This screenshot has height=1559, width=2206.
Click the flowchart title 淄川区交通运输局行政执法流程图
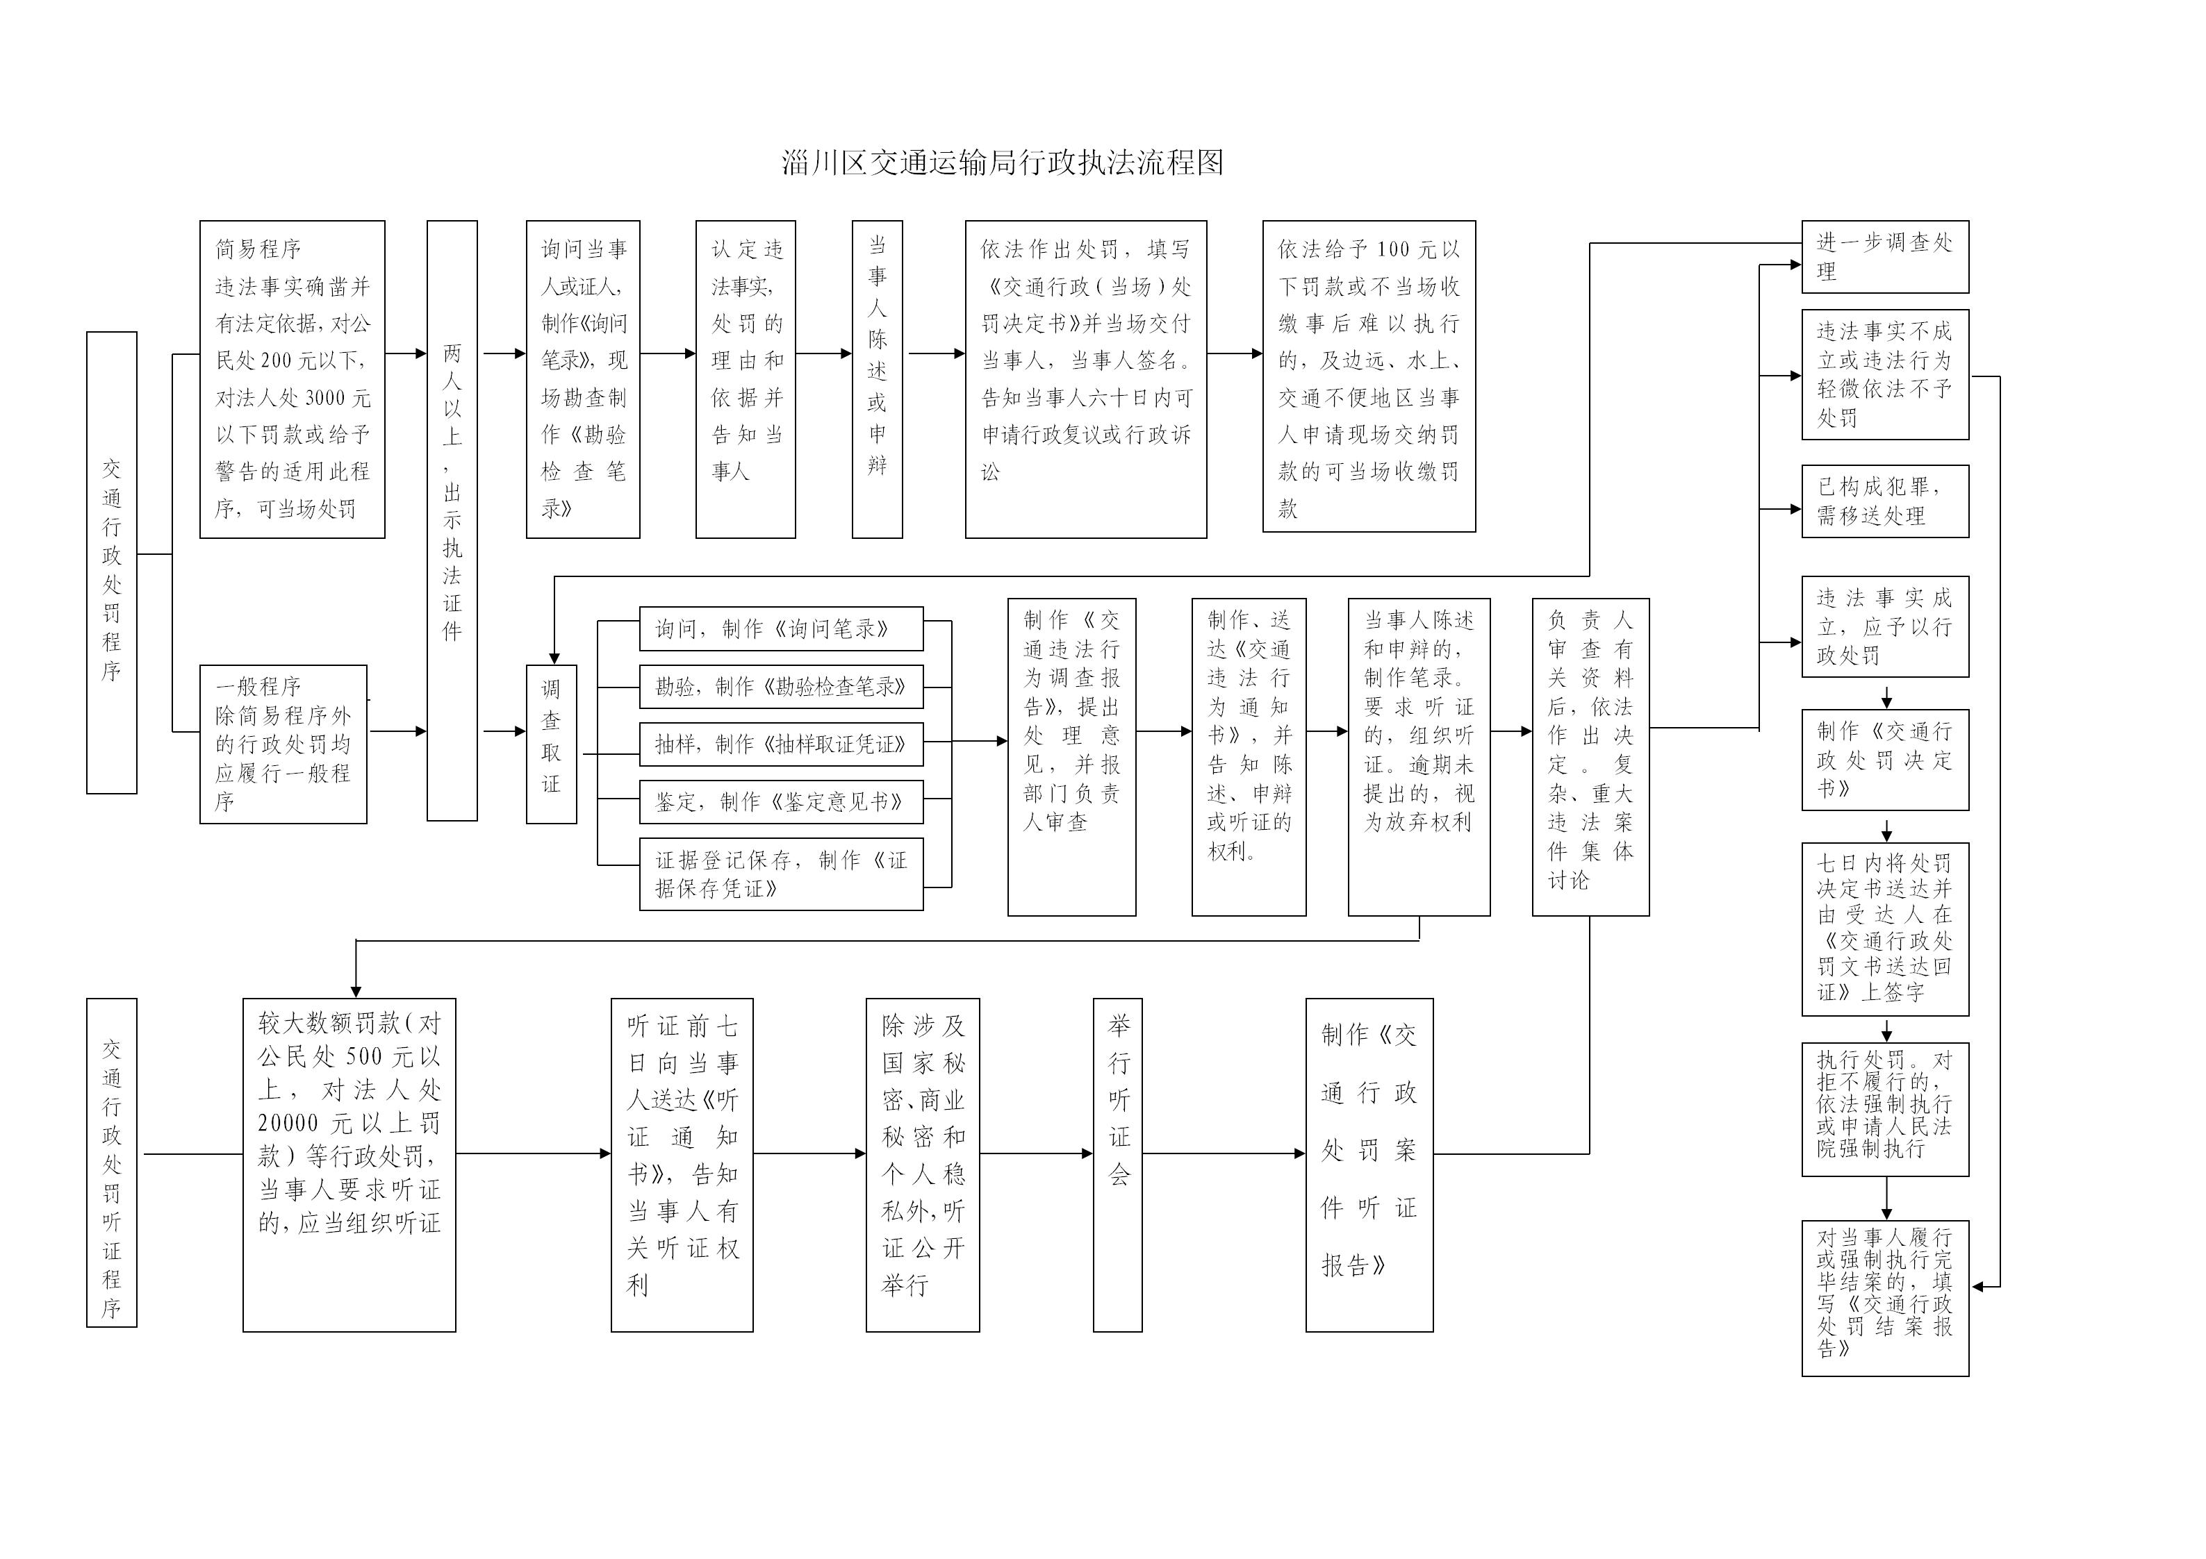point(1002,162)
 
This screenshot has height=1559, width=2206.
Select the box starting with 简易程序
point(292,378)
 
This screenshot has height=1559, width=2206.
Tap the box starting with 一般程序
point(283,744)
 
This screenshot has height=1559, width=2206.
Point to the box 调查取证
point(550,744)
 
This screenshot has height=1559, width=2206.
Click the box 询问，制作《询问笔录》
point(780,629)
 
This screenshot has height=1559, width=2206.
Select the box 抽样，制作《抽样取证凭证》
point(780,744)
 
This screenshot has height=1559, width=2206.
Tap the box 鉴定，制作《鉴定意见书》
point(780,802)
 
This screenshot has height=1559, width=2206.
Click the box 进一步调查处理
point(1884,256)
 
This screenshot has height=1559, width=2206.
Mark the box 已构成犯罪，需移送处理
point(1884,501)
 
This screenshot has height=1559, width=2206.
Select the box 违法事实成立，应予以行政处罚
point(1884,626)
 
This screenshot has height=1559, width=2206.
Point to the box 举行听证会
point(1117,1163)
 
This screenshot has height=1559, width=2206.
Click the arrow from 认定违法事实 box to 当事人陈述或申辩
point(823,353)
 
